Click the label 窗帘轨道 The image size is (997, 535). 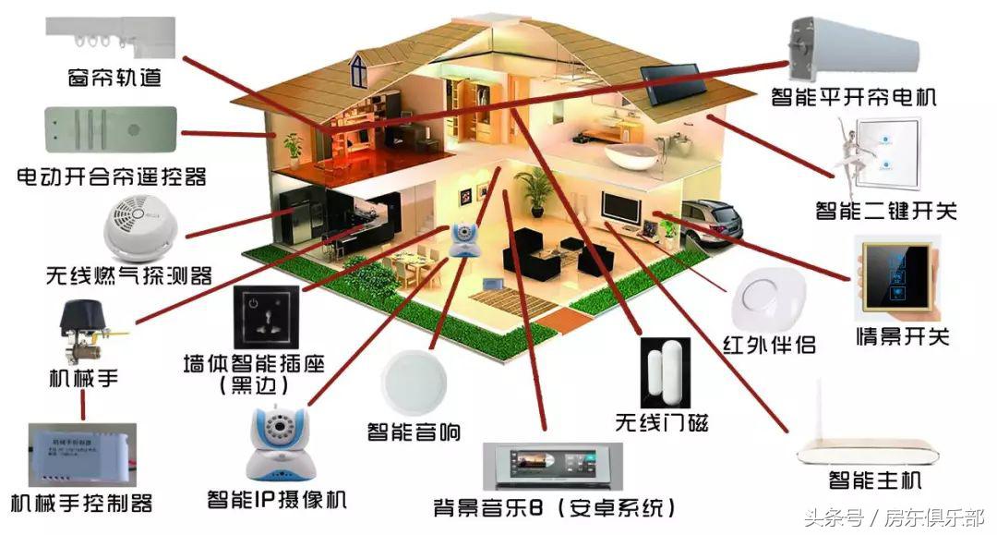coord(115,78)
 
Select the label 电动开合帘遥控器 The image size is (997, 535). coord(111,176)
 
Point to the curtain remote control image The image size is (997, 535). coord(110,128)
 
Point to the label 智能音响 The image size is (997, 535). coord(414,432)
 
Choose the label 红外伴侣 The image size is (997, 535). coord(769,345)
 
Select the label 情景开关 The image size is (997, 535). coord(902,335)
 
